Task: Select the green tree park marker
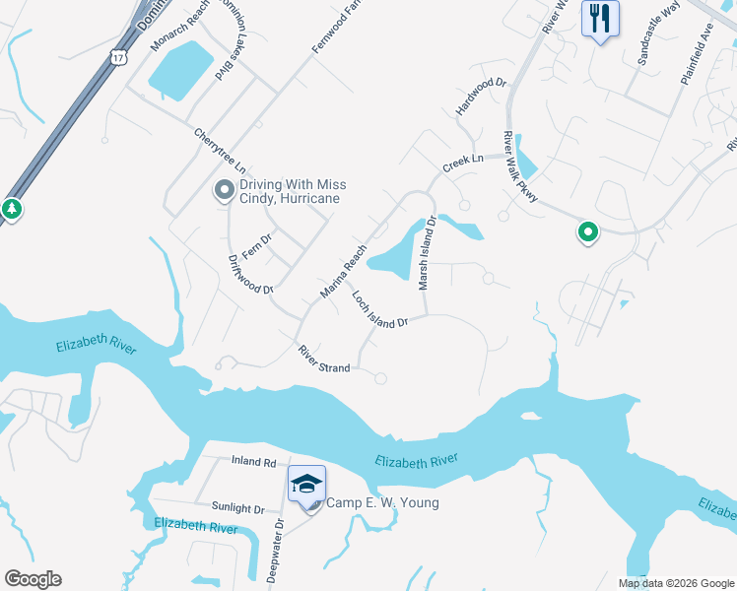[x=11, y=209]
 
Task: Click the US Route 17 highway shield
[x=118, y=57]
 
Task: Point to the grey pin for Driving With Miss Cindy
[x=225, y=190]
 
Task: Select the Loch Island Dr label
[x=379, y=313]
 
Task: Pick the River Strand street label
[x=324, y=359]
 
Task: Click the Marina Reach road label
[x=343, y=272]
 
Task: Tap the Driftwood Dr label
[x=249, y=275]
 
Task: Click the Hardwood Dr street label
[x=481, y=98]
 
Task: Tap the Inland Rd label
[x=253, y=461]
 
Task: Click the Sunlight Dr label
[x=238, y=509]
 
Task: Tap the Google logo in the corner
[x=33, y=579]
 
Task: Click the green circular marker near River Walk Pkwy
[x=588, y=232]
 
